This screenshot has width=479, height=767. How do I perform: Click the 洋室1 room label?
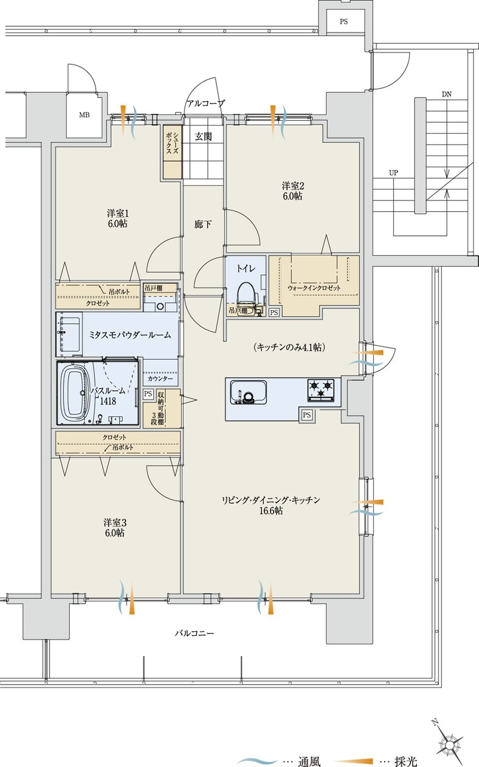point(118,214)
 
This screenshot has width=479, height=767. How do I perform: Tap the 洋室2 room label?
point(293,186)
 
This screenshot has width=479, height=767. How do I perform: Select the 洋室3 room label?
point(115,523)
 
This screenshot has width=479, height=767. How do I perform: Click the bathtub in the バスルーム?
point(73,393)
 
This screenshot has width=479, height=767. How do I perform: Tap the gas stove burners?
point(321,390)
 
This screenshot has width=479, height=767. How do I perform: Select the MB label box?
point(85,115)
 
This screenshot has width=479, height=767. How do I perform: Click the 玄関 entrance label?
point(203,136)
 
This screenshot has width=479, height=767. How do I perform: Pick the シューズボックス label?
point(172,143)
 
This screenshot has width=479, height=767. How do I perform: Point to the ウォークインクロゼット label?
point(314,288)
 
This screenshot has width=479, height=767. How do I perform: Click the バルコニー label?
point(194,633)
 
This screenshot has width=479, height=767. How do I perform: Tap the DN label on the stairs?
point(447,94)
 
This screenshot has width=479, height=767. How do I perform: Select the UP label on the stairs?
point(393,173)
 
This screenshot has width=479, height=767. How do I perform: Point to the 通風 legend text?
point(309,761)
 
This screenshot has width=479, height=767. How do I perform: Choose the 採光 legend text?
point(406,761)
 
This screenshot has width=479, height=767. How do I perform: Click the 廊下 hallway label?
point(203,224)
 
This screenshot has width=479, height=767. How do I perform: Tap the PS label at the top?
point(344,21)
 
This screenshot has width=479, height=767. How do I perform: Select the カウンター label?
point(161,378)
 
